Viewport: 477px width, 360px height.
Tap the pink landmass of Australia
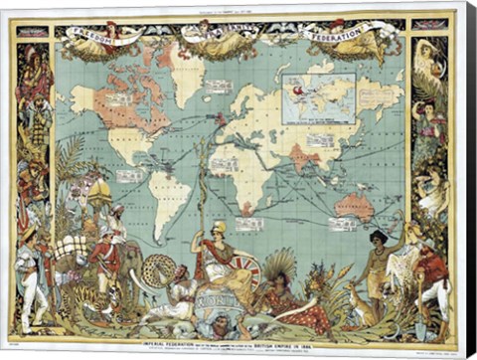coord(355,206)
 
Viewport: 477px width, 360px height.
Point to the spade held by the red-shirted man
coord(417,303)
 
